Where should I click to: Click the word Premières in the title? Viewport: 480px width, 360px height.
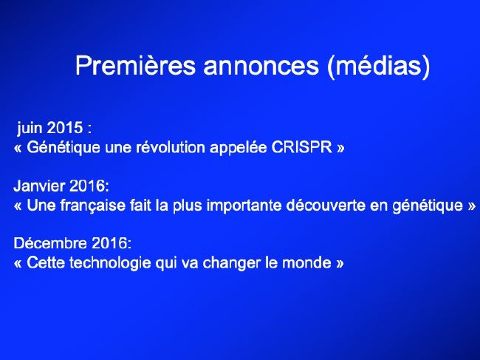tap(135, 65)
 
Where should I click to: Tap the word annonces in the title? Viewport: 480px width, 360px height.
tap(261, 67)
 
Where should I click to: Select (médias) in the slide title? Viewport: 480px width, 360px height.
tap(379, 67)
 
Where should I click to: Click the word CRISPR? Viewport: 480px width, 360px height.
tap(302, 147)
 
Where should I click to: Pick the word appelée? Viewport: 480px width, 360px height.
tap(239, 148)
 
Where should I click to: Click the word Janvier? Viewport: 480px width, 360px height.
tap(39, 186)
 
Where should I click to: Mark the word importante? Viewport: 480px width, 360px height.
tap(244, 206)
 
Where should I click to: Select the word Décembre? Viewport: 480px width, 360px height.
tap(50, 243)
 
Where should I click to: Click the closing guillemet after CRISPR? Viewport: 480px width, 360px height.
tap(340, 149)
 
